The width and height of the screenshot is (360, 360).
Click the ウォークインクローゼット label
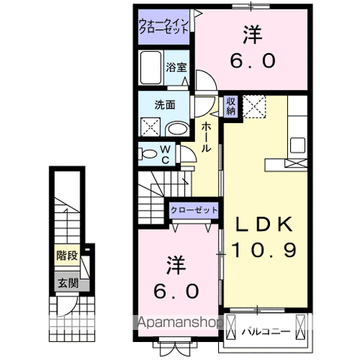[x=163, y=27]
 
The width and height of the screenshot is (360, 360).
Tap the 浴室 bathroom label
[x=175, y=66]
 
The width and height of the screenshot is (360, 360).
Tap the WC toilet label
[x=166, y=154]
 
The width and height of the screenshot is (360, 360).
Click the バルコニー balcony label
[x=265, y=327]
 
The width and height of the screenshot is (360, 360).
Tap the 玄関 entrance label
[x=66, y=283]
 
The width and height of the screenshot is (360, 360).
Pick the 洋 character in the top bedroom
[x=252, y=34]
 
